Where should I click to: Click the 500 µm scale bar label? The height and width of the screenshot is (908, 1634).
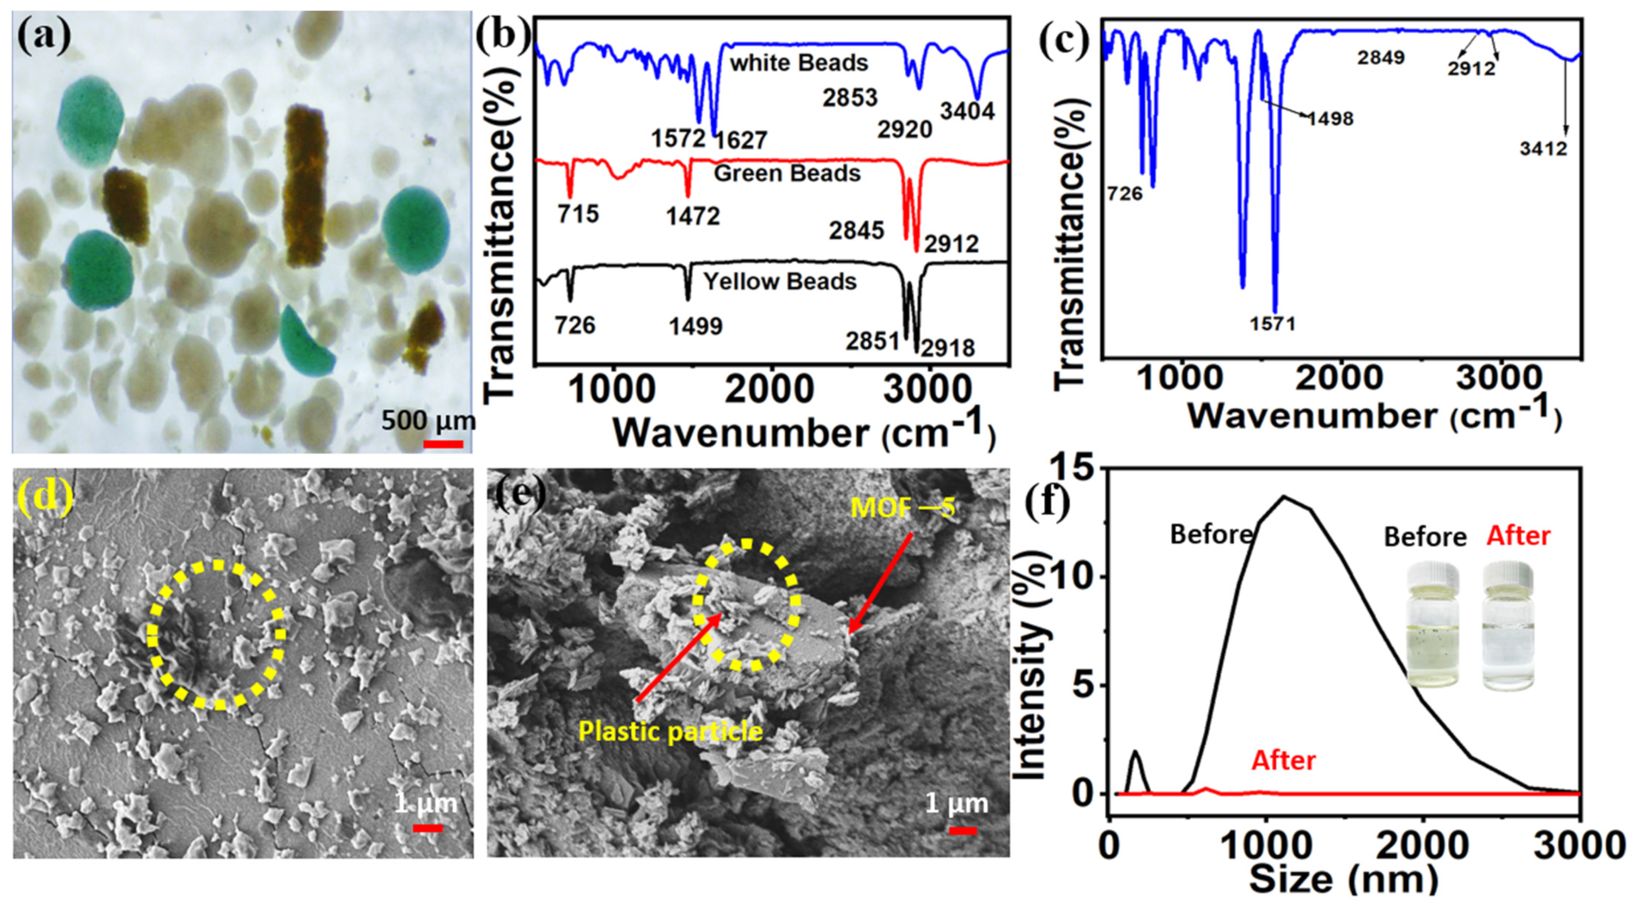[428, 420]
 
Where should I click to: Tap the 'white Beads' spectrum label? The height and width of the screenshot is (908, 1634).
[798, 63]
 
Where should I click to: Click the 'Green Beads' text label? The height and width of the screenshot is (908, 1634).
[787, 173]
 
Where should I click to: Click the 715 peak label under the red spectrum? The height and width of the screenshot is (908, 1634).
[578, 214]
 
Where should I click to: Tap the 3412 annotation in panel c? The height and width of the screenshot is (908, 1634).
[1543, 150]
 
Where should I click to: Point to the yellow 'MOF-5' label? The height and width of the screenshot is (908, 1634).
[902, 508]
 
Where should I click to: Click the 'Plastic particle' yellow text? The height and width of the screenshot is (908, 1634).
[670, 732]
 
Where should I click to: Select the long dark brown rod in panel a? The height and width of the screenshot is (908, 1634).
[305, 186]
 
